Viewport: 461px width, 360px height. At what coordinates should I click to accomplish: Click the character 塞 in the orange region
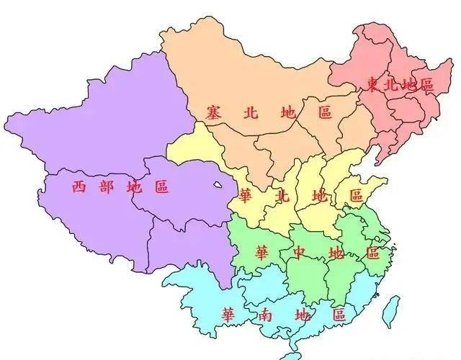click(x=212, y=112)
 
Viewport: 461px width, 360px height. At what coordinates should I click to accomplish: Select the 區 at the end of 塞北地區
click(x=325, y=112)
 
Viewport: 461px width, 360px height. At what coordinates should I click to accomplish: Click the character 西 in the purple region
click(x=79, y=187)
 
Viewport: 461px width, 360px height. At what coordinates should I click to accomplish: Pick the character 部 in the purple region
click(x=107, y=187)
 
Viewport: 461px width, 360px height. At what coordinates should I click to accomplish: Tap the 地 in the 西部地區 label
click(x=134, y=187)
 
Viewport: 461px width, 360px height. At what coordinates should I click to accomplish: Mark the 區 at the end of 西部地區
click(x=161, y=187)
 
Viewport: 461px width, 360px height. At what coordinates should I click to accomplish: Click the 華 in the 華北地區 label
click(x=245, y=196)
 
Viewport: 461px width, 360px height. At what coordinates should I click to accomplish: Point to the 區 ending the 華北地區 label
click(x=355, y=195)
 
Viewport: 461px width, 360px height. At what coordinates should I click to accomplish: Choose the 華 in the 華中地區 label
click(x=263, y=253)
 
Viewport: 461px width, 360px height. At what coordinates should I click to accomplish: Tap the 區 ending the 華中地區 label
click(x=372, y=253)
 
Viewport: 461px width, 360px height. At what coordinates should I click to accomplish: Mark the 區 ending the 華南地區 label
click(x=339, y=315)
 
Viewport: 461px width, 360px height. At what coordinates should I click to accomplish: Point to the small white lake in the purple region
click(x=218, y=186)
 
